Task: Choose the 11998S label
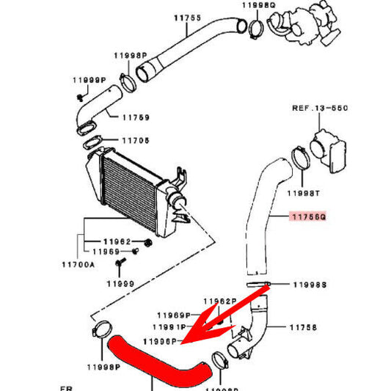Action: [309, 284]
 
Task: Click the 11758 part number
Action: [303, 328]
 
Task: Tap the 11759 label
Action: [136, 117]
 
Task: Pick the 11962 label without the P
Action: [117, 241]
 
